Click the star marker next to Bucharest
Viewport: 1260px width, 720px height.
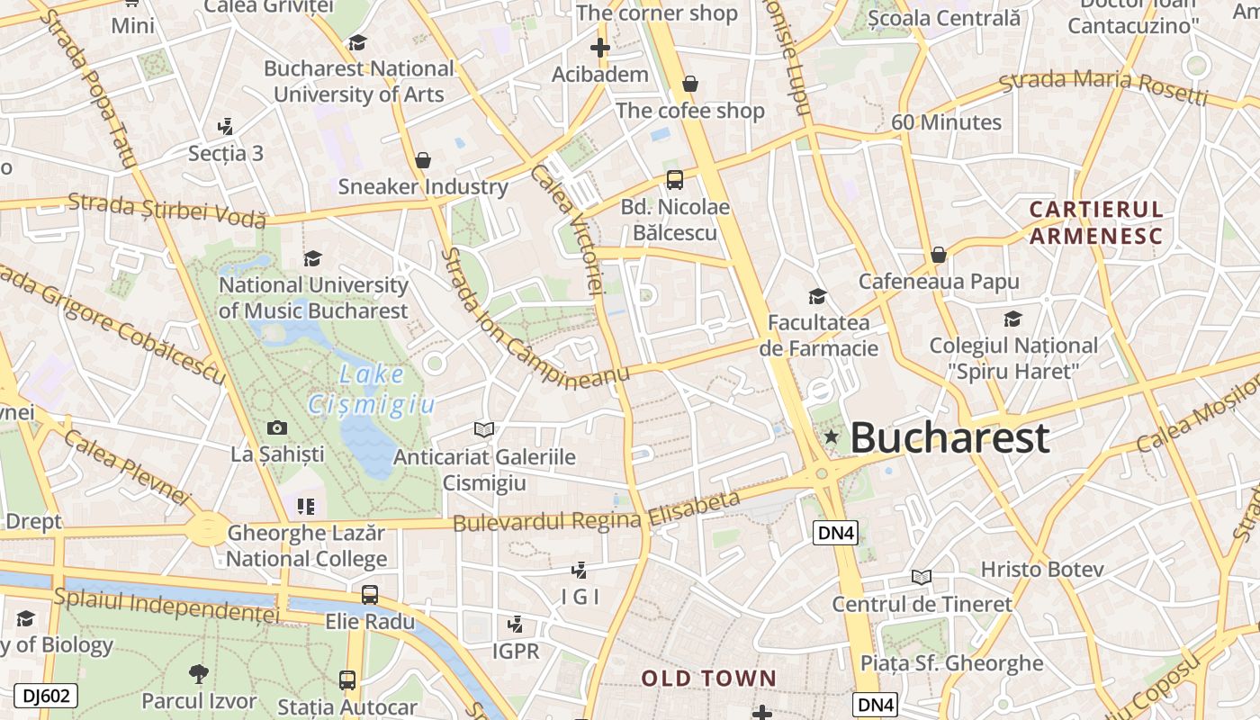click(x=832, y=437)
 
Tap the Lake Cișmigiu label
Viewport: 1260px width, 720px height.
click(x=372, y=389)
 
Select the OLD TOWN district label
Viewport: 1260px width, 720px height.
click(x=708, y=679)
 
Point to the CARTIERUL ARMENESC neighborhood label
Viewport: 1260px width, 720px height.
click(x=1096, y=223)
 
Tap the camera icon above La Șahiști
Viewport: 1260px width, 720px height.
click(x=277, y=428)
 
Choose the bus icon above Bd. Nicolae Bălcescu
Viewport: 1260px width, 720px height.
click(x=674, y=179)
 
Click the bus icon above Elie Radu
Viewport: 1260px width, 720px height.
click(x=369, y=594)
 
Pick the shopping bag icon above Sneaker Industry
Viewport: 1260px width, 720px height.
click(x=422, y=161)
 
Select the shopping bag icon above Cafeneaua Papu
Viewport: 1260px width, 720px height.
click(x=939, y=255)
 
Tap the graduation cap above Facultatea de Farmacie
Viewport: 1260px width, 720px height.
click(x=817, y=296)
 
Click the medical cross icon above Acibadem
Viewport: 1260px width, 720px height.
click(x=599, y=48)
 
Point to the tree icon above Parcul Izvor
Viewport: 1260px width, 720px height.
click(x=198, y=673)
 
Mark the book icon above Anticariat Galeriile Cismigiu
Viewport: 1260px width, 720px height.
click(x=484, y=430)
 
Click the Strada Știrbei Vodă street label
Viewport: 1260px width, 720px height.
click(x=167, y=210)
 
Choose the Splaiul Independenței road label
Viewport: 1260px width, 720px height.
click(x=167, y=605)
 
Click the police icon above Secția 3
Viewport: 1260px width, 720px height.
click(x=225, y=127)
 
